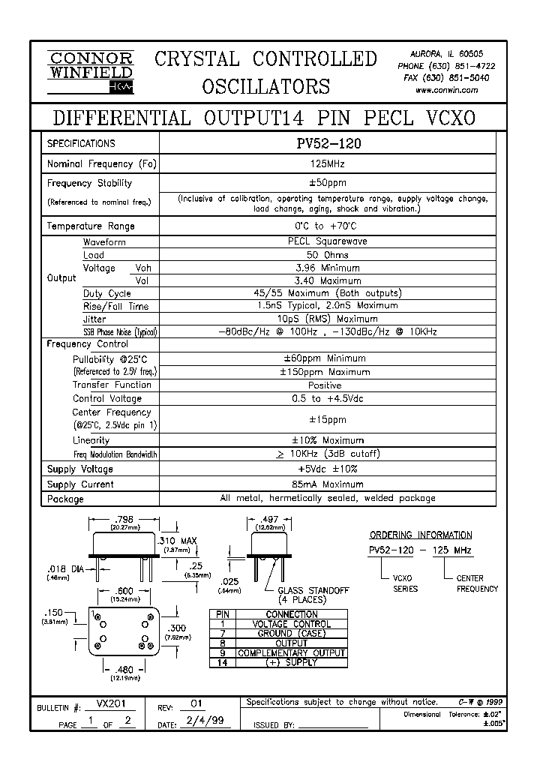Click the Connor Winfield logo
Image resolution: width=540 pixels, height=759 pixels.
click(x=90, y=73)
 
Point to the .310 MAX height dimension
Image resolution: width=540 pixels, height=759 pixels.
click(x=177, y=541)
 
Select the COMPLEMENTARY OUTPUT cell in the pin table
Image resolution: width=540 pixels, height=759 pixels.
click(x=292, y=653)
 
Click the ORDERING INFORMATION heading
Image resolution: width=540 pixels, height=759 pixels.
click(x=421, y=535)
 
